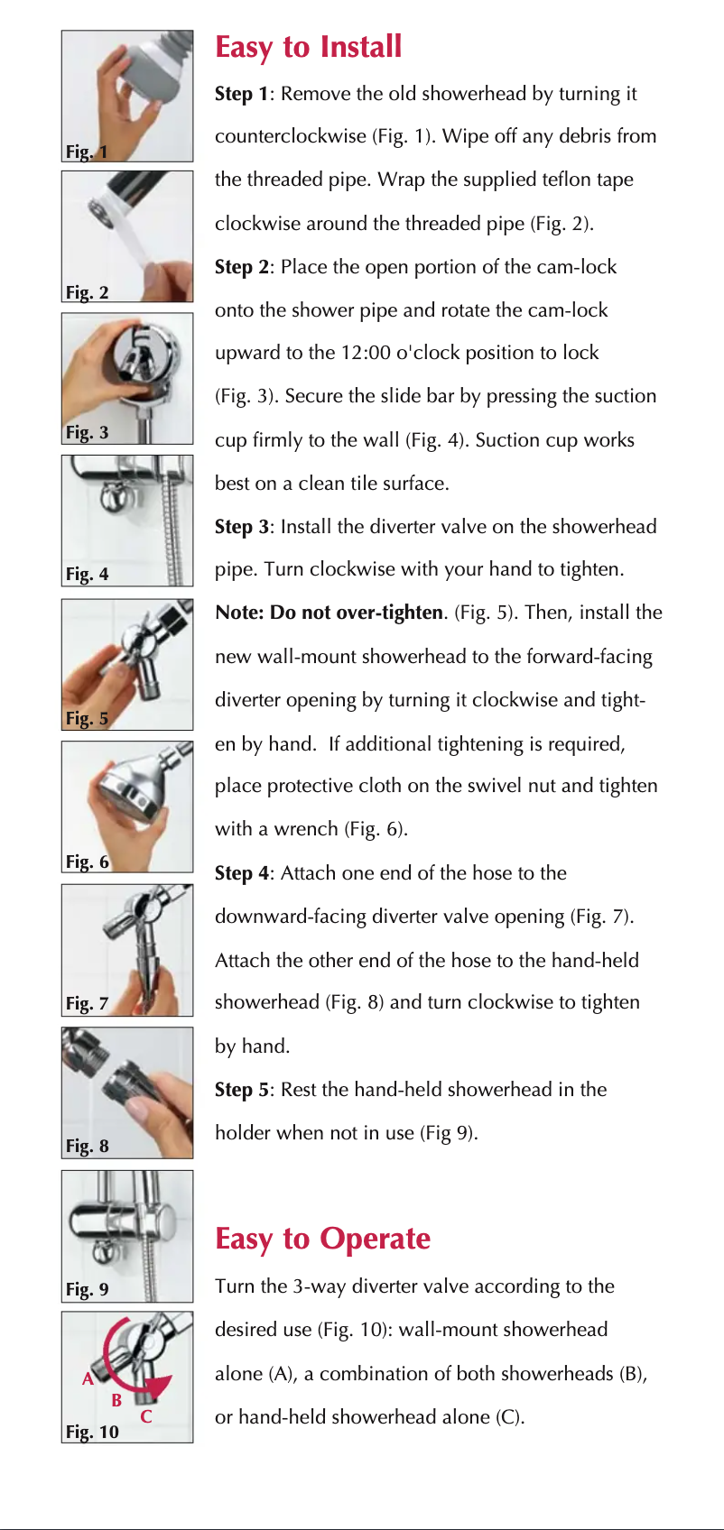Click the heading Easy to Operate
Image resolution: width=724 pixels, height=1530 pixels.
pyautogui.click(x=322, y=1239)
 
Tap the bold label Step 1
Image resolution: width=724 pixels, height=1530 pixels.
pyautogui.click(x=242, y=94)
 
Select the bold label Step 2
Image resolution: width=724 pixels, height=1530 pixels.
pyautogui.click(x=242, y=267)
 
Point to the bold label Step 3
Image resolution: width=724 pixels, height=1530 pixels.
pyautogui.click(x=242, y=527)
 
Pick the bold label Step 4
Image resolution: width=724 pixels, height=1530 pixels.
pyautogui.click(x=242, y=873)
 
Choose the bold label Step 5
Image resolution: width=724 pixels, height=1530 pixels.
pyautogui.click(x=242, y=1090)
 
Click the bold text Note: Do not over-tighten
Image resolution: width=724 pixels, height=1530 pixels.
pyautogui.click(x=329, y=613)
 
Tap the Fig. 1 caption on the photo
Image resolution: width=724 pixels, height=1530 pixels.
pyautogui.click(x=87, y=152)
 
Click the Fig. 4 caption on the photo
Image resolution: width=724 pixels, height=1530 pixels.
pyautogui.click(x=87, y=575)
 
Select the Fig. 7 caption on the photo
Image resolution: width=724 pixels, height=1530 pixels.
pyautogui.click(x=87, y=1004)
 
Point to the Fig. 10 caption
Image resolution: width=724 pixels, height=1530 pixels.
pyautogui.click(x=92, y=1432)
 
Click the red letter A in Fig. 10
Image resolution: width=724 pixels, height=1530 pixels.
pyautogui.click(x=88, y=1379)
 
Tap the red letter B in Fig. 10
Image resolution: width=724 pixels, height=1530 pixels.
pyautogui.click(x=117, y=1401)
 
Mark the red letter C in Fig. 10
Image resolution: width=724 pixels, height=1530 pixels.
pyautogui.click(x=146, y=1416)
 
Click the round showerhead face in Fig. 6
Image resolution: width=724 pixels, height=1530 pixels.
pyautogui.click(x=125, y=792)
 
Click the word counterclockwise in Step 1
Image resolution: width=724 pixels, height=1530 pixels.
pyautogui.click(x=291, y=136)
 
